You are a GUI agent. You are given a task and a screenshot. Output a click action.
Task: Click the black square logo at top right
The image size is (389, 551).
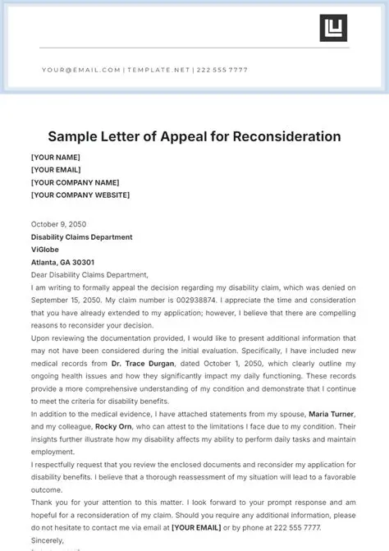pyautogui.click(x=333, y=28)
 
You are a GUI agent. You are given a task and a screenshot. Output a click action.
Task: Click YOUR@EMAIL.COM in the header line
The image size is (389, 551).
pyautogui.click(x=81, y=70)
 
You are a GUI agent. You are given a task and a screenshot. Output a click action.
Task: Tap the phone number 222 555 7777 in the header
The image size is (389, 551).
pyautogui.click(x=222, y=70)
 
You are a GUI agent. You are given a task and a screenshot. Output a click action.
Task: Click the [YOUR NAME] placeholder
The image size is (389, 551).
pyautogui.click(x=55, y=156)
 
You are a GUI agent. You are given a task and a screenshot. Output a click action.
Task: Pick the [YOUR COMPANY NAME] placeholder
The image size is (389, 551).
pyautogui.click(x=75, y=182)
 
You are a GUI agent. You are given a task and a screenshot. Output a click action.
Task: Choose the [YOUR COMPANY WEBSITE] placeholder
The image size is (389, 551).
pyautogui.click(x=80, y=195)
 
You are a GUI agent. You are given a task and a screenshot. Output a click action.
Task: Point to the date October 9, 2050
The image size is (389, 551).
pyautogui.click(x=58, y=224)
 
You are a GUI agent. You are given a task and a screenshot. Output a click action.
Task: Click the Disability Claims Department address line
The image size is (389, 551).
pyautogui.click(x=81, y=237)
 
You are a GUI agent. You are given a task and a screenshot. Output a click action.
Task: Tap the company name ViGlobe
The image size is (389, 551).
pyautogui.click(x=47, y=250)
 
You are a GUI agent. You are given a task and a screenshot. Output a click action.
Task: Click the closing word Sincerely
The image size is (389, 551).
pyautogui.click(x=49, y=540)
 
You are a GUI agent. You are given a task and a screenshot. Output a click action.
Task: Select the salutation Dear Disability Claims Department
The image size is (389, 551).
pyautogui.click(x=89, y=275)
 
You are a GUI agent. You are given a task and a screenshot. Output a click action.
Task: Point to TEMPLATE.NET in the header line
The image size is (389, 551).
pyautogui.click(x=157, y=70)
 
